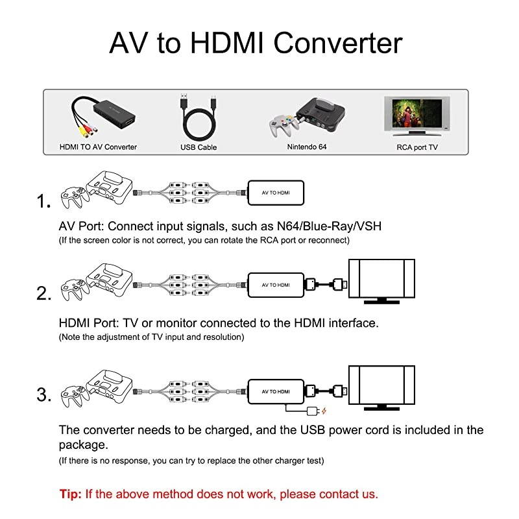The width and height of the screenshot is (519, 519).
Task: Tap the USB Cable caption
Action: (x=199, y=147)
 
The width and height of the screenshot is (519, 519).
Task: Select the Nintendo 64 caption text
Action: (x=306, y=147)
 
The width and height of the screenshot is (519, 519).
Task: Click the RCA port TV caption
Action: (x=417, y=147)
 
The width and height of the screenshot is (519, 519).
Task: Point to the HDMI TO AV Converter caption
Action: (x=98, y=147)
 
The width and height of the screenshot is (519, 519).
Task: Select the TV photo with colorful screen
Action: (x=416, y=115)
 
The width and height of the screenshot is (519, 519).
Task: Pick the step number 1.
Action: (x=44, y=202)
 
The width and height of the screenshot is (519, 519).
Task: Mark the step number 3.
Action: (x=44, y=394)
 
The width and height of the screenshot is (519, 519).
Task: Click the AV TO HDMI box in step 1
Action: (x=276, y=193)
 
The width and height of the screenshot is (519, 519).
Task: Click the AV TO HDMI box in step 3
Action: (x=276, y=392)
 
